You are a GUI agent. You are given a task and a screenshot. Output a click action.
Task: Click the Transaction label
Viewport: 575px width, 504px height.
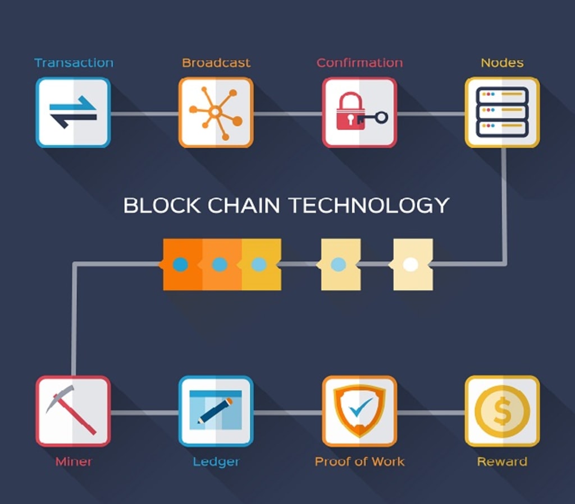point(74,63)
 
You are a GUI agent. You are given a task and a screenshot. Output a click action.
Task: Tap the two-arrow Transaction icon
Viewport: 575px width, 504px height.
point(73,112)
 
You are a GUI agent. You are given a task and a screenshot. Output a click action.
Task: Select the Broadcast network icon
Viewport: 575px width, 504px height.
point(216,112)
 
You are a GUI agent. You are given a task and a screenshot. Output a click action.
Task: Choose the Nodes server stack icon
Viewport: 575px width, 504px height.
point(502,112)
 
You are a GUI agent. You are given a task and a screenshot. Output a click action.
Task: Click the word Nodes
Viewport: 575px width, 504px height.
point(502,63)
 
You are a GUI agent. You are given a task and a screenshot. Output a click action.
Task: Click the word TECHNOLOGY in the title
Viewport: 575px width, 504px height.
point(369,205)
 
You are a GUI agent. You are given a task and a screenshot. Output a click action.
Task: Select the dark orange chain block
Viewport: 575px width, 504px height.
point(181,264)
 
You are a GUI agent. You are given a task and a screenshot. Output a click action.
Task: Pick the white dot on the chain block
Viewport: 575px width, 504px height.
point(410,264)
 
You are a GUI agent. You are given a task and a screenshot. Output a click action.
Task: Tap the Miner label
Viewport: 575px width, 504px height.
point(74,462)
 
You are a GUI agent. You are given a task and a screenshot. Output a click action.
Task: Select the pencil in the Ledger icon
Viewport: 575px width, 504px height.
point(216,411)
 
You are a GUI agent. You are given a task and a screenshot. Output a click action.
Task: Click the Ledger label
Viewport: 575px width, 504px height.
point(216,462)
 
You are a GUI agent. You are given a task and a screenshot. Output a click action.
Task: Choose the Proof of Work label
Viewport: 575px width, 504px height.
point(359,462)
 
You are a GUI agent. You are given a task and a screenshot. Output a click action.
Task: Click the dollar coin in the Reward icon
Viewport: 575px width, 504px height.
point(502,411)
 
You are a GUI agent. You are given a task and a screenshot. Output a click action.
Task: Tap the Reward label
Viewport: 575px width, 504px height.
point(502,462)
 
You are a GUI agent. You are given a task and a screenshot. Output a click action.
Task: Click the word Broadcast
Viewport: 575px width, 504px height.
point(216,63)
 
